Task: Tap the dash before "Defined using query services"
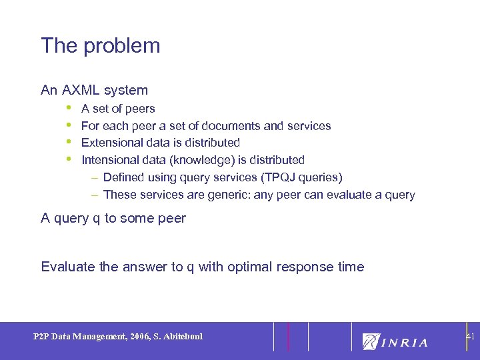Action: point(95,177)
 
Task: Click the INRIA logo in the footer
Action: point(395,342)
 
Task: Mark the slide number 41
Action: point(470,337)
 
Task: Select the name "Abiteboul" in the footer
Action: point(183,336)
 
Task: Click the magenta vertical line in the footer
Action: point(288,337)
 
